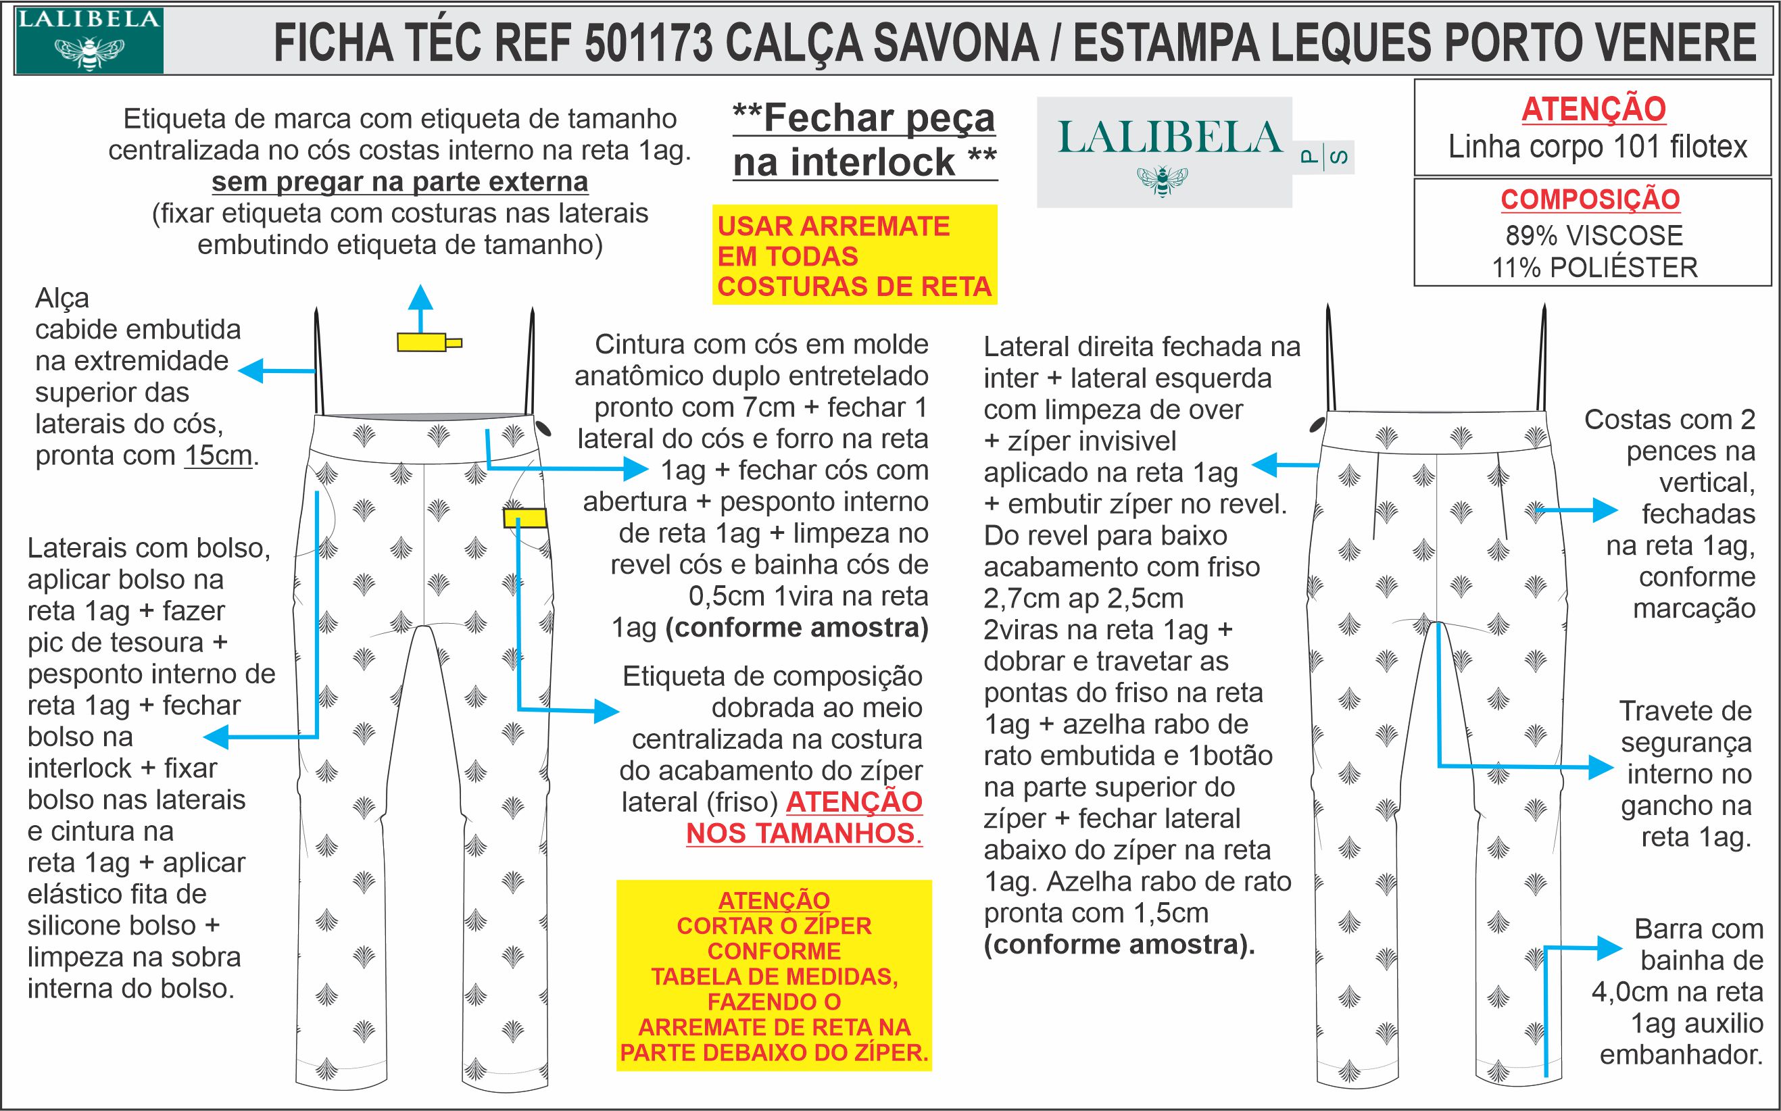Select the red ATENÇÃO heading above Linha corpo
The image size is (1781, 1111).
(1593, 109)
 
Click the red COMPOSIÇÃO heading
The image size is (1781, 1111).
(1589, 199)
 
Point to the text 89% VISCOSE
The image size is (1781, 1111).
(1594, 235)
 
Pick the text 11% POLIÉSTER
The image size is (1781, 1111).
(1594, 268)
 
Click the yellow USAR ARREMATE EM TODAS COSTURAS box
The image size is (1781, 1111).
(854, 255)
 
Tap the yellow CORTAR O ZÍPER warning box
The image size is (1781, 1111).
(774, 976)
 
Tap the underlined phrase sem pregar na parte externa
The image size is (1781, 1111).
(399, 182)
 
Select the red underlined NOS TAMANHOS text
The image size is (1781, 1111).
(804, 833)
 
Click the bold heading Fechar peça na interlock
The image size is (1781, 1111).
(864, 140)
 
